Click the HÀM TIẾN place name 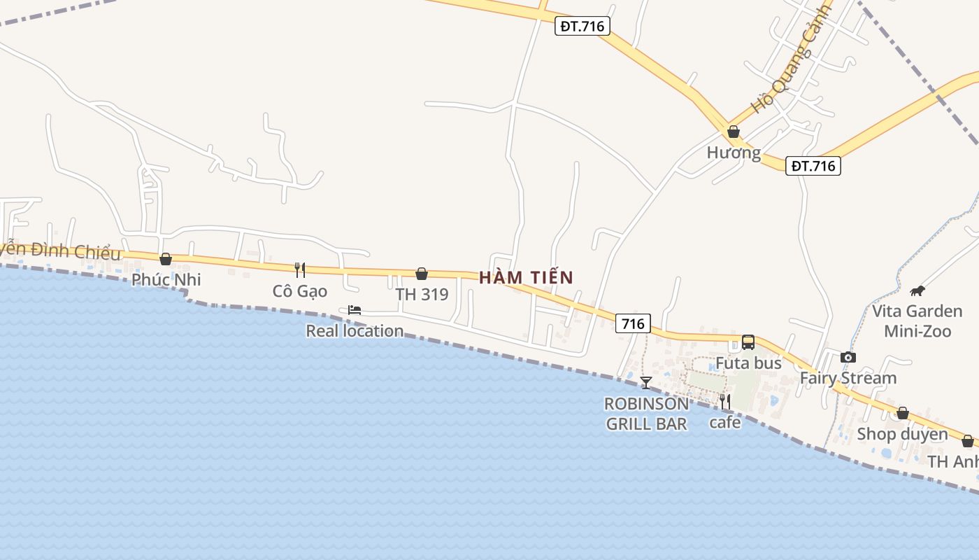click(x=526, y=277)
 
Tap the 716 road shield click(x=633, y=323)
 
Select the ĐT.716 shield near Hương click(x=813, y=166)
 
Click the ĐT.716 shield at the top click(x=583, y=27)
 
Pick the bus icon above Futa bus click(x=748, y=342)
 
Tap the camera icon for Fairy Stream click(x=848, y=358)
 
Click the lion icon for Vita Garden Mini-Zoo click(x=917, y=290)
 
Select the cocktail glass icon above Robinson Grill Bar click(x=646, y=382)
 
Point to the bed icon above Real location click(x=355, y=310)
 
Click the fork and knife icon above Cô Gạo click(x=300, y=269)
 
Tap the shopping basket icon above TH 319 click(x=422, y=274)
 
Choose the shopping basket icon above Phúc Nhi click(x=166, y=260)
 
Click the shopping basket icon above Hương click(x=734, y=132)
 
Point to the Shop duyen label click(x=902, y=434)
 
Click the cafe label click(x=725, y=422)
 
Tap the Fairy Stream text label click(x=848, y=378)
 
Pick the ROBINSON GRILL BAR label click(x=646, y=414)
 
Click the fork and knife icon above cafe click(x=725, y=401)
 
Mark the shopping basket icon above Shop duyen click(x=903, y=414)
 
